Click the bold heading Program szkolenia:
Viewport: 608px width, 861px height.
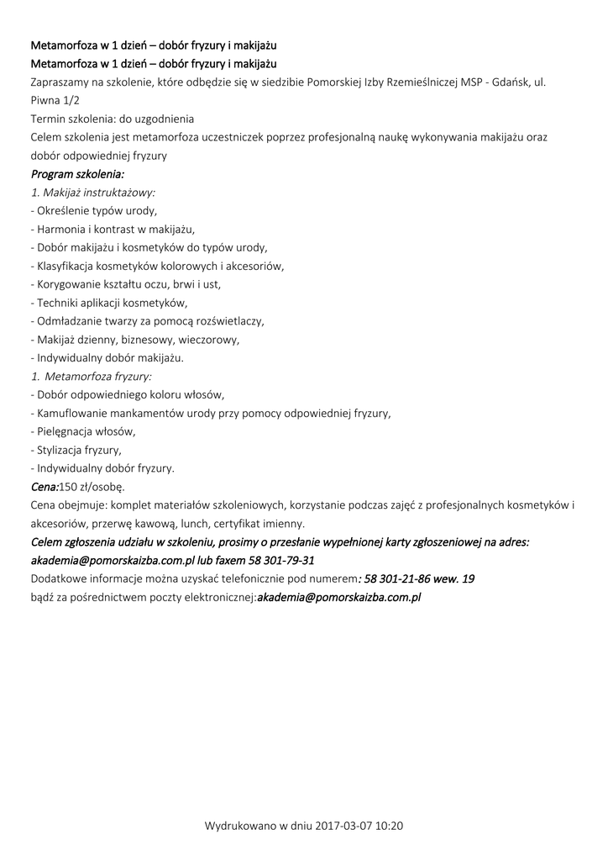point(77,174)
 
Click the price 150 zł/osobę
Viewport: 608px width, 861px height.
point(92,487)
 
